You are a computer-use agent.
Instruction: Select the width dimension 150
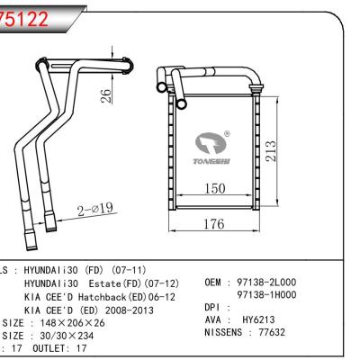click(x=214, y=189)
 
